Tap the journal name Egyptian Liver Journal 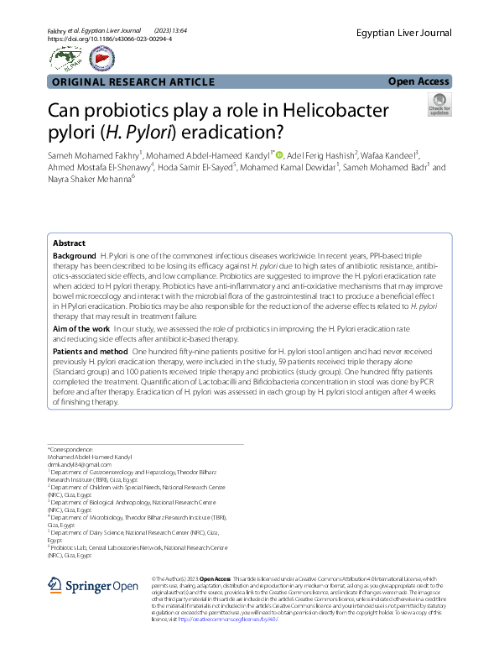pyautogui.click(x=403, y=34)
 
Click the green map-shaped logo pyautogui.click(x=65, y=57)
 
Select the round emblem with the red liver pyautogui.click(x=102, y=57)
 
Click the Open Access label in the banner pyautogui.click(x=418, y=81)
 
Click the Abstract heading pyautogui.click(x=69, y=243)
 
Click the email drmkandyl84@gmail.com pyautogui.click(x=80, y=463)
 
